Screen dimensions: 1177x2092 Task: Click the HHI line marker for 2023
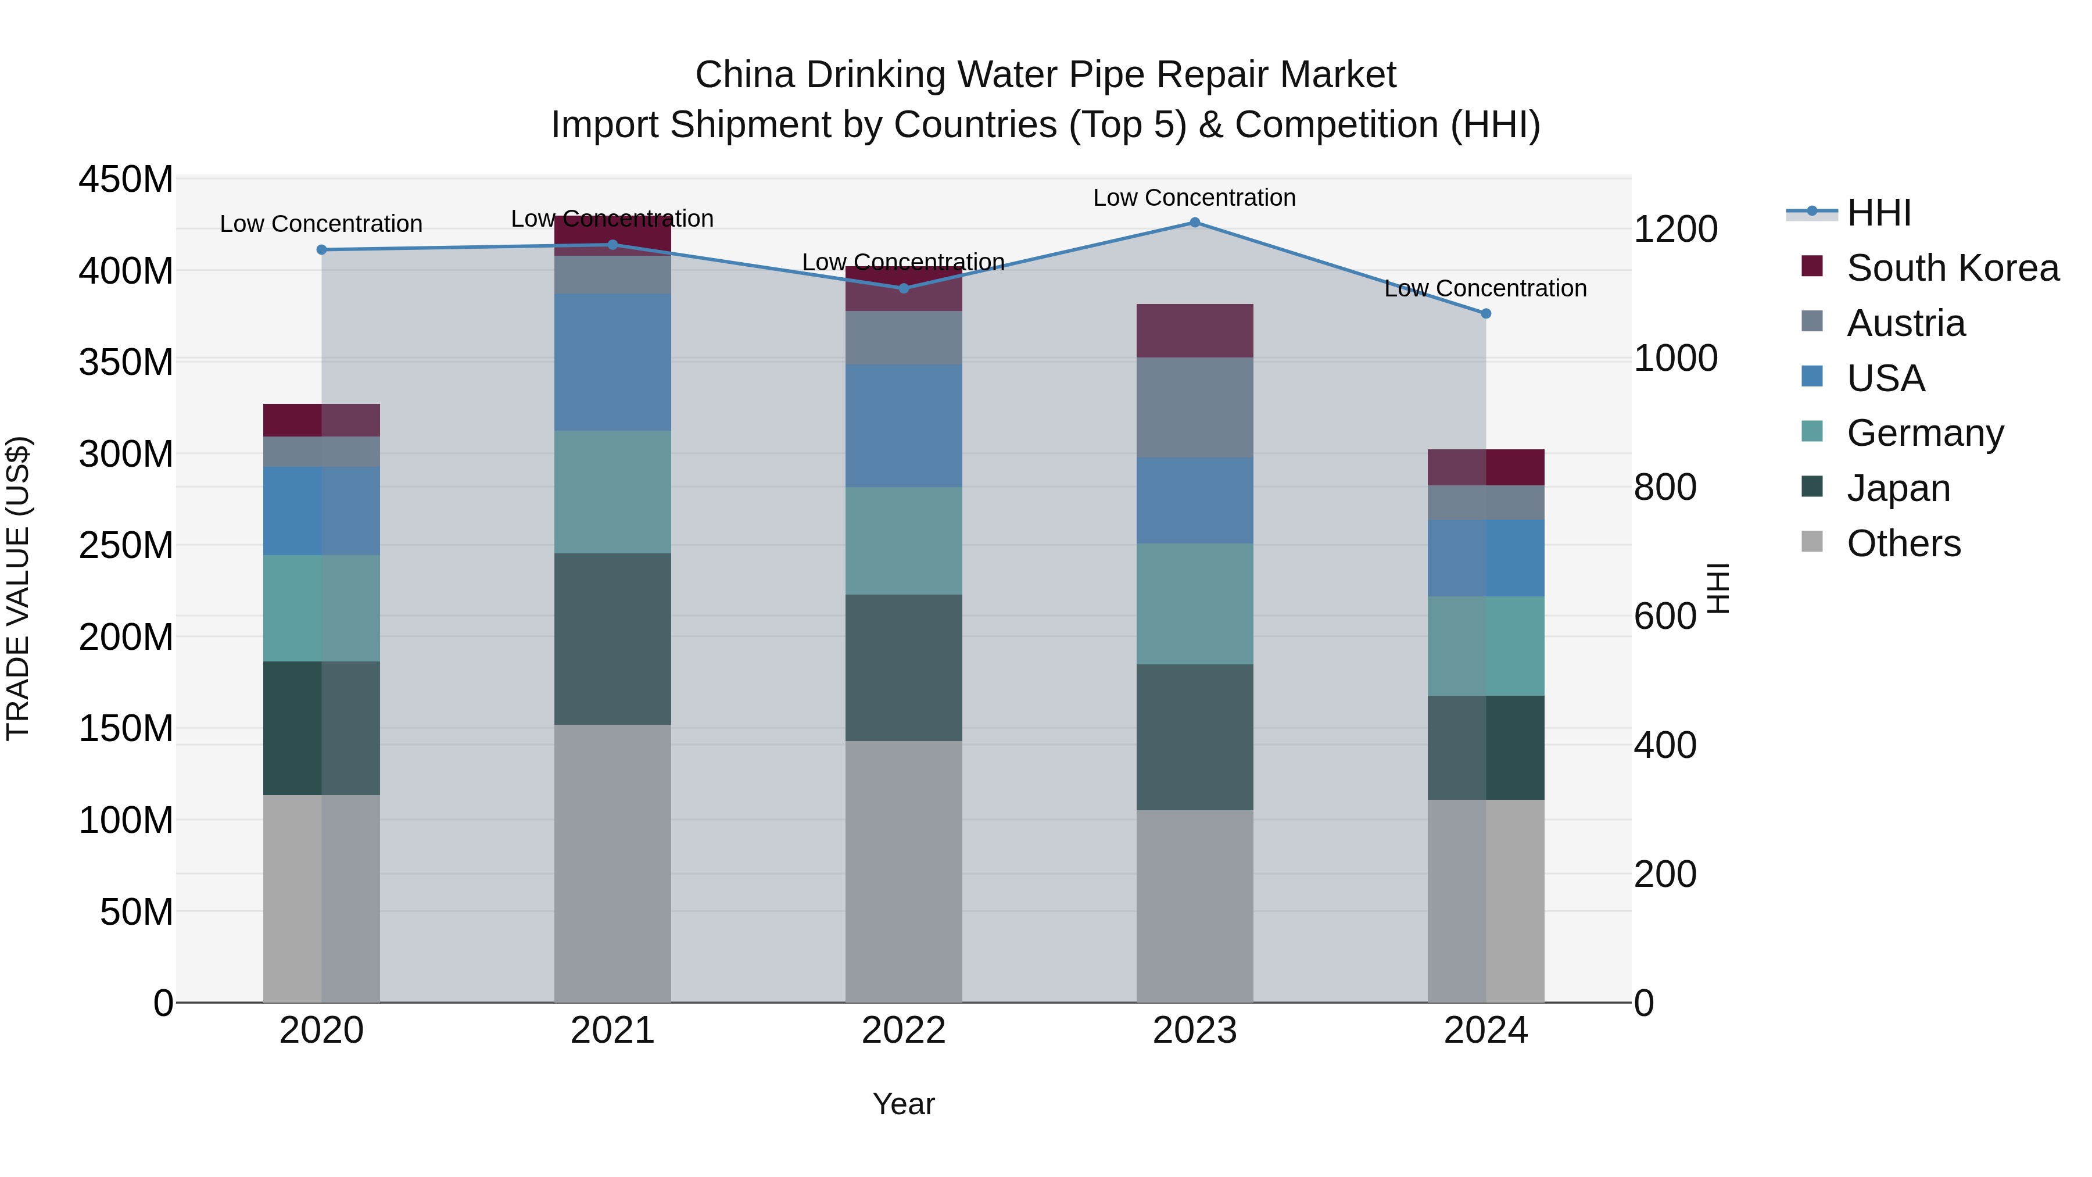pyautogui.click(x=1195, y=223)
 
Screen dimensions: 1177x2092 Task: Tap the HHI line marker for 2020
pyautogui.click(x=321, y=250)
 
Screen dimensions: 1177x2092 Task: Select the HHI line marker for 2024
pyautogui.click(x=1486, y=313)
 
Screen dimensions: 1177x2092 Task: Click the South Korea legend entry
pyautogui.click(x=1953, y=268)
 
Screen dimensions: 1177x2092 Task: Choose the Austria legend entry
pyautogui.click(x=1905, y=323)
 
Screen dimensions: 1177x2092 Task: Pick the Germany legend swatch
pyautogui.click(x=1812, y=431)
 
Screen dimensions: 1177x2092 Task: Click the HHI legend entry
pyautogui.click(x=1878, y=213)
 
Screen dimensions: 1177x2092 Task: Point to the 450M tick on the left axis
pyautogui.click(x=126, y=180)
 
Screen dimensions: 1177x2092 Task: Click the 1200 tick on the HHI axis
pyautogui.click(x=1675, y=230)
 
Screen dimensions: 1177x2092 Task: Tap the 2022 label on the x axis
pyautogui.click(x=903, y=1031)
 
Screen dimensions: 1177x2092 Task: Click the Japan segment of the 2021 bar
pyautogui.click(x=612, y=639)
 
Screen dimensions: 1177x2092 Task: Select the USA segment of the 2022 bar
pyautogui.click(x=903, y=425)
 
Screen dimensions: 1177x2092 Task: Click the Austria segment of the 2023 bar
pyautogui.click(x=1195, y=408)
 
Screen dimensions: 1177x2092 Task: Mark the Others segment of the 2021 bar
pyautogui.click(x=612, y=864)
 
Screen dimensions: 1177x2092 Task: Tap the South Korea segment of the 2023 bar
pyautogui.click(x=1195, y=331)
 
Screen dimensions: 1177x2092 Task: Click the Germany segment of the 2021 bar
pyautogui.click(x=612, y=492)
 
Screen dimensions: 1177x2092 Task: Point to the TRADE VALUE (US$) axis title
pyautogui.click(x=19, y=588)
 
